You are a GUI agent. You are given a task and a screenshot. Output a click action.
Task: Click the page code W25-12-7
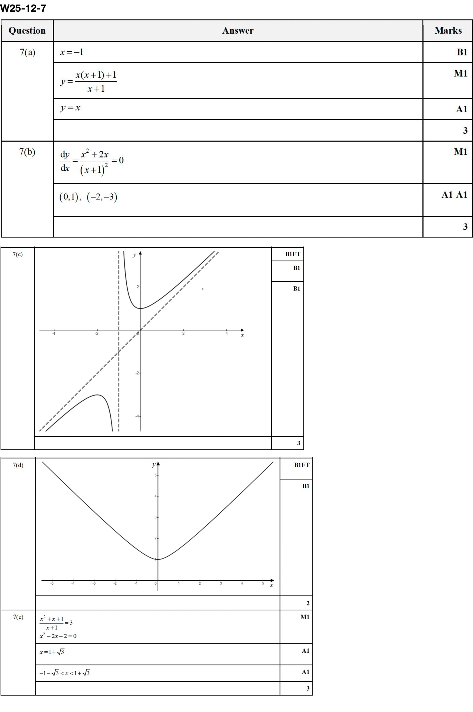(23, 8)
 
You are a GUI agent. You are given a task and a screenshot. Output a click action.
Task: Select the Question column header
(27, 31)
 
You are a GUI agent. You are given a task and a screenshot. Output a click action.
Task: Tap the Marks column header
(448, 31)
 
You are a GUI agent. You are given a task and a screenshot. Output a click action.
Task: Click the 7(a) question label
(27, 52)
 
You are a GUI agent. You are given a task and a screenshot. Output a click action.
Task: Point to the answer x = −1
(71, 52)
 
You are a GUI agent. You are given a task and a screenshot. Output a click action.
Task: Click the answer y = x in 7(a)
(70, 108)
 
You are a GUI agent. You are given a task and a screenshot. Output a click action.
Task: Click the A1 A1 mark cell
(454, 195)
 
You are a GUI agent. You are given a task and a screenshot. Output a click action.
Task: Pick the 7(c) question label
(18, 254)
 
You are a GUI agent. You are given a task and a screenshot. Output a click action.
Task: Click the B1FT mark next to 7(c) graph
(293, 254)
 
